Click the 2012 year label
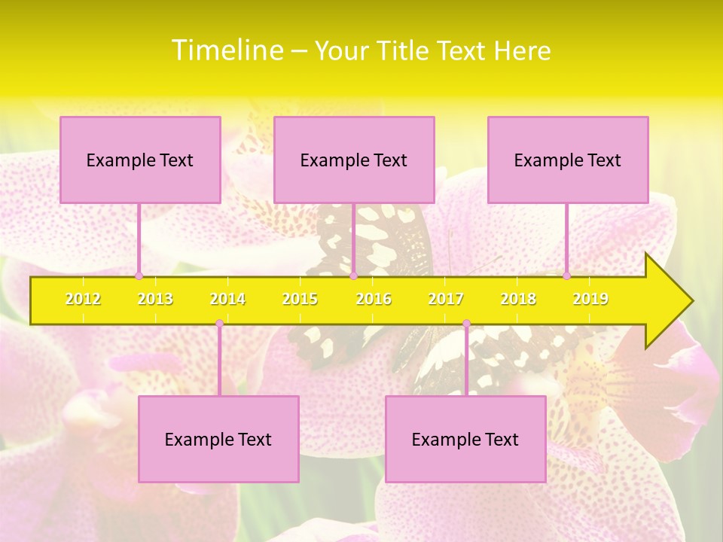tap(83, 299)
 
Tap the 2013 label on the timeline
tap(155, 299)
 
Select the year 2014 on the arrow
tap(227, 299)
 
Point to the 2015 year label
tap(300, 299)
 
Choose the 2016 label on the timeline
tap(374, 299)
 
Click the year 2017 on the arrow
tap(446, 299)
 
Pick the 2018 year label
tap(518, 299)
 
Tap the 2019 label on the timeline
tap(590, 299)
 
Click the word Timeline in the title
tap(226, 50)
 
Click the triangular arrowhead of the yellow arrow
tap(667, 301)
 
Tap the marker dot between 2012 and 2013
tap(139, 276)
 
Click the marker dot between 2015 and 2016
tap(353, 276)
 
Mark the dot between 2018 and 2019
tap(566, 276)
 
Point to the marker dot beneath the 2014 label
tap(219, 324)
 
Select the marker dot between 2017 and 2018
tap(466, 324)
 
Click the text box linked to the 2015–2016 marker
tap(354, 160)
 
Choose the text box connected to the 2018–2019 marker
tap(568, 160)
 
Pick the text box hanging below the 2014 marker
tap(218, 439)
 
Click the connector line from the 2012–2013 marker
tap(139, 239)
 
